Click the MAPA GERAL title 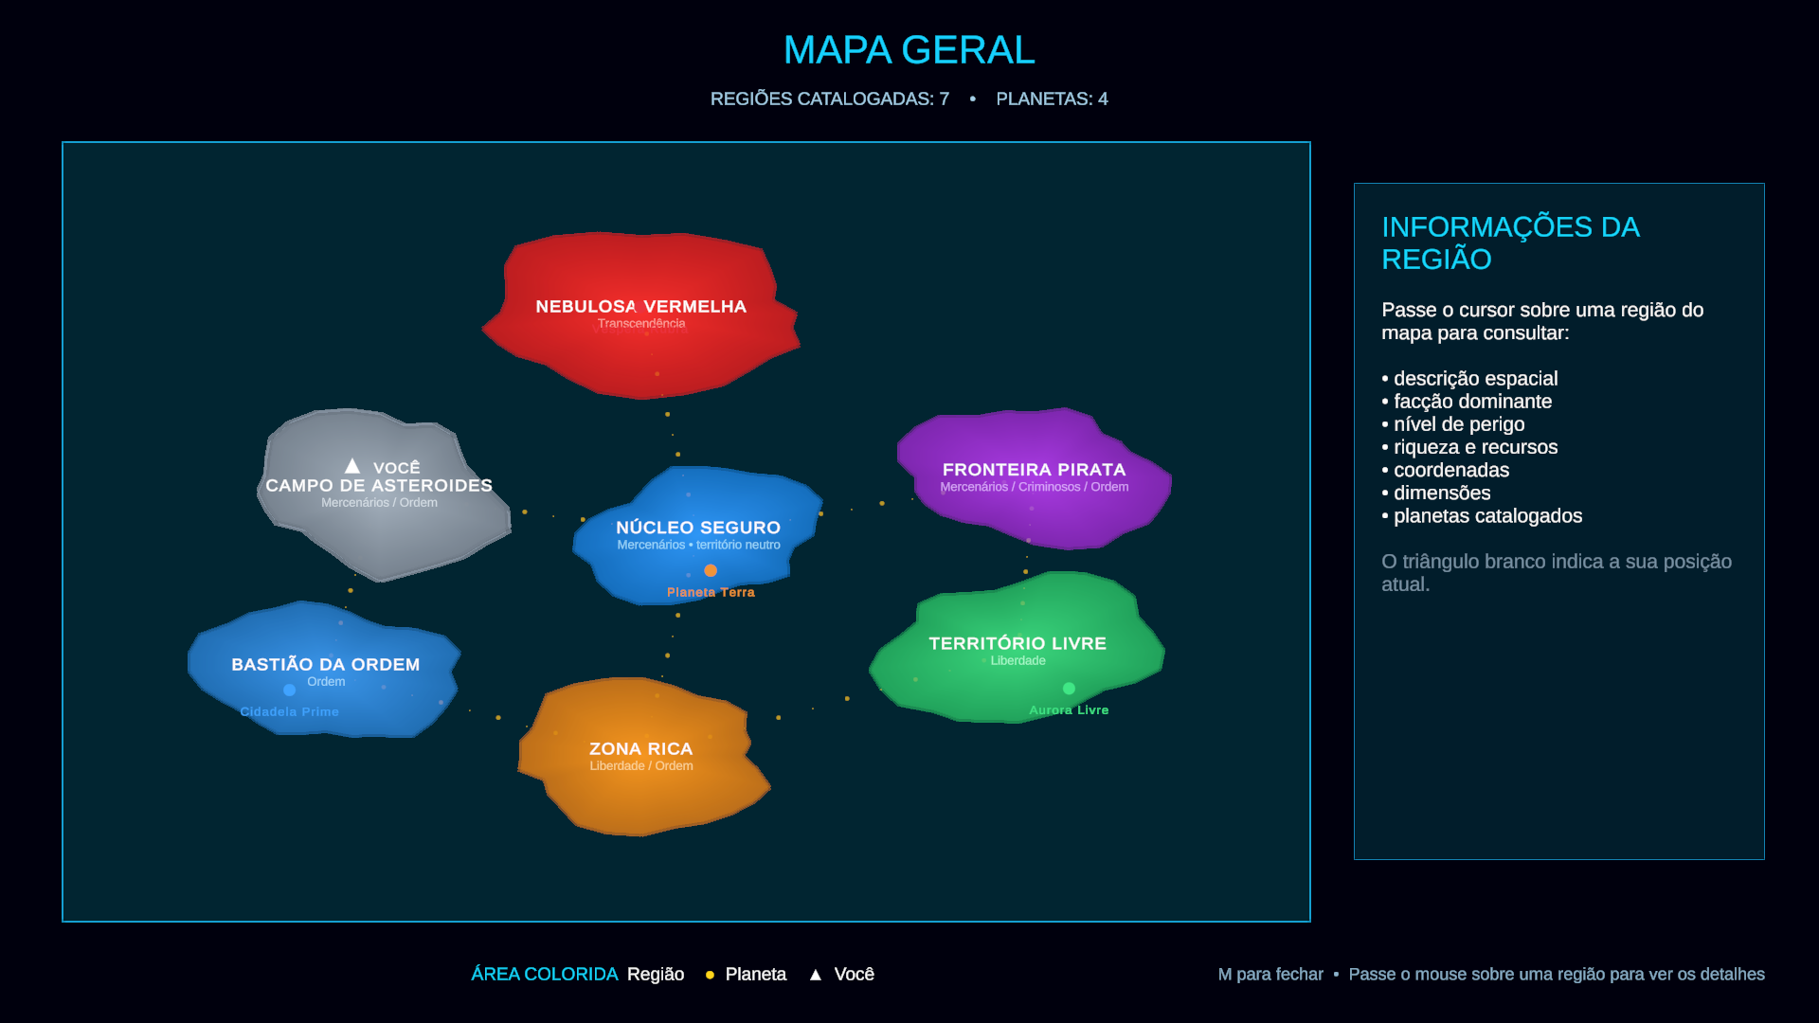click(x=909, y=50)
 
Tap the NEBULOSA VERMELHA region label click(x=641, y=307)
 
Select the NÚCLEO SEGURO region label click(x=698, y=528)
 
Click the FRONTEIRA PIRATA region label click(x=1035, y=470)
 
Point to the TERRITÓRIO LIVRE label click(x=1018, y=643)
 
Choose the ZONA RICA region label click(x=641, y=749)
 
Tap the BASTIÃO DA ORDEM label click(x=326, y=665)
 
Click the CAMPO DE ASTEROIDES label click(x=379, y=485)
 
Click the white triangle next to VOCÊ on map click(x=352, y=466)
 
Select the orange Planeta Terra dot click(x=711, y=570)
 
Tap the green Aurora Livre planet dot click(x=1069, y=689)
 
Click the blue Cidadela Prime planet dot click(x=289, y=691)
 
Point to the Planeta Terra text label click(x=711, y=593)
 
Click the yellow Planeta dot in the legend click(x=710, y=975)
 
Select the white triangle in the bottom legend click(x=816, y=975)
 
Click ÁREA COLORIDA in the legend click(x=545, y=975)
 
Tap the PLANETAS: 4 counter click(x=1052, y=99)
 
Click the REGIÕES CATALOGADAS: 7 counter click(x=830, y=99)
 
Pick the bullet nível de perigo click(x=1453, y=424)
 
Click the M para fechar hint click(x=1270, y=975)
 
